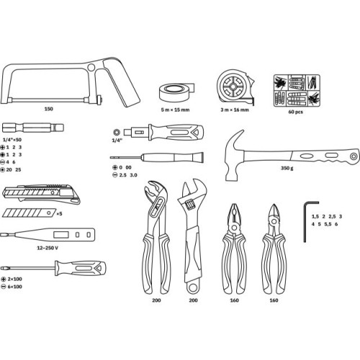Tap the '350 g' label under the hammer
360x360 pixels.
tap(287, 168)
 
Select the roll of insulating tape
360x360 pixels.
tap(176, 92)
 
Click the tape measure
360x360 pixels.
tap(235, 87)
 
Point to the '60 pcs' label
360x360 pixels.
tap(295, 112)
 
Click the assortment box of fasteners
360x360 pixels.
tap(297, 91)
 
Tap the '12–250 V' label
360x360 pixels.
tap(48, 248)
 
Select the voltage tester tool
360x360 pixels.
tap(48, 235)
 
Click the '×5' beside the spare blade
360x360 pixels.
tap(59, 213)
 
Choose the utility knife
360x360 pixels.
tap(41, 194)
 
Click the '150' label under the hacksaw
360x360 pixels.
tap(49, 109)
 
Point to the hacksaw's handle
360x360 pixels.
tap(120, 81)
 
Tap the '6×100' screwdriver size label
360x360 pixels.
tap(14, 287)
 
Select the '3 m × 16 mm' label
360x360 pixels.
tap(235, 110)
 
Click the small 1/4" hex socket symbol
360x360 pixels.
tap(117, 132)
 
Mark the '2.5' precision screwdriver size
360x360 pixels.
tap(123, 175)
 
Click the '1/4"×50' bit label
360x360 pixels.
tap(12, 140)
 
